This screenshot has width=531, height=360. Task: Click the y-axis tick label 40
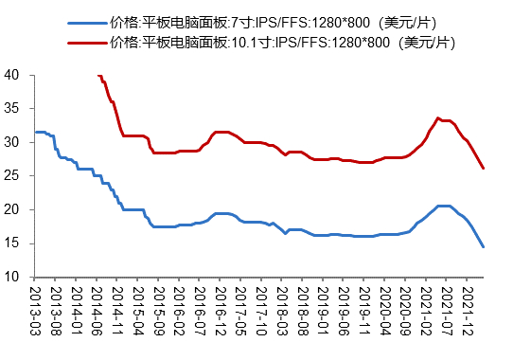(12, 75)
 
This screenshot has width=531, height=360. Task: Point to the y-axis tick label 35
(12, 109)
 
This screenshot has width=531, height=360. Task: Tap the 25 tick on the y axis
(12, 176)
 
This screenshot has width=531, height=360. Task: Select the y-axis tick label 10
(12, 278)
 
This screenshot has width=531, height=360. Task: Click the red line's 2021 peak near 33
(437, 117)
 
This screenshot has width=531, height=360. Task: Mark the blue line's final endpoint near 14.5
(484, 246)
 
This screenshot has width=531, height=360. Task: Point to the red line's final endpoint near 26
(484, 169)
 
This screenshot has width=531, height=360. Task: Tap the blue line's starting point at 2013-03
(36, 132)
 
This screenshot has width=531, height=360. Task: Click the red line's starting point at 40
(98, 76)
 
